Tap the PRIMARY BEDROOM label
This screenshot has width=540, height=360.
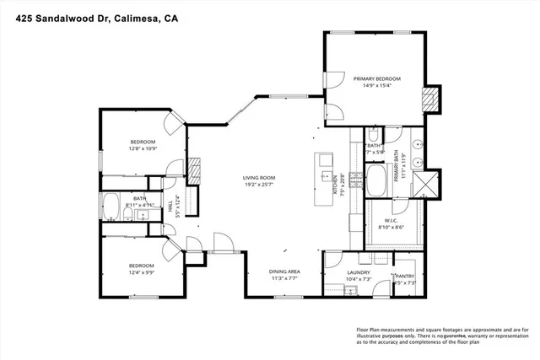[x=377, y=78]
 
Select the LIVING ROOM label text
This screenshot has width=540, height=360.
[x=260, y=177]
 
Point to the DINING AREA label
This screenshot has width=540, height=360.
[x=285, y=271]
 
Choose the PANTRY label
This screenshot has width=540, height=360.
[x=407, y=276]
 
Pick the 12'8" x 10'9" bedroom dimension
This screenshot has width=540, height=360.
[x=142, y=148]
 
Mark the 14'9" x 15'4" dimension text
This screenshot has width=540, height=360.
[x=377, y=85]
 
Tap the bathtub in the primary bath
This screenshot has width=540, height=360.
[x=375, y=180]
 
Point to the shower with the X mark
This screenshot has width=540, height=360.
[x=432, y=181]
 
